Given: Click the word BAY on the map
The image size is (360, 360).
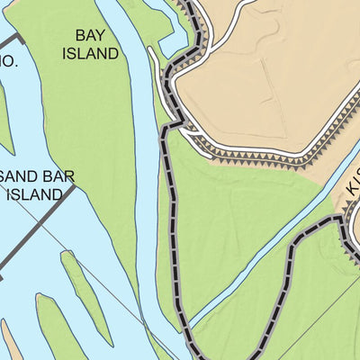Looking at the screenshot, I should (x=90, y=36).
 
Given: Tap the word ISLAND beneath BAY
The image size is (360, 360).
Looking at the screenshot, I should (x=90, y=53).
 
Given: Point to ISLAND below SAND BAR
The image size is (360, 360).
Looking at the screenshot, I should (x=36, y=193).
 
